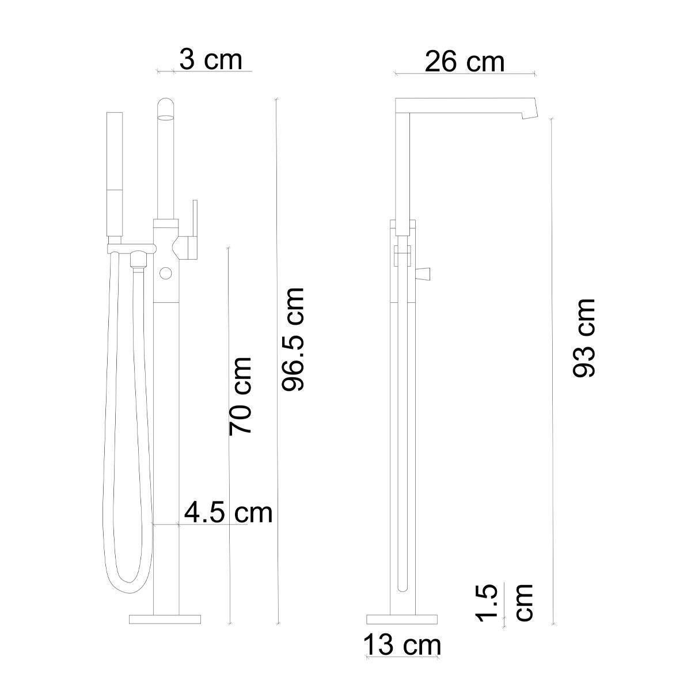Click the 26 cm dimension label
(x=464, y=62)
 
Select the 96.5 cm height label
(x=293, y=339)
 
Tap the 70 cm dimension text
(x=241, y=396)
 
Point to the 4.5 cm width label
(x=229, y=513)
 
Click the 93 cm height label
(x=584, y=338)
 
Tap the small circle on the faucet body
(x=166, y=274)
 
